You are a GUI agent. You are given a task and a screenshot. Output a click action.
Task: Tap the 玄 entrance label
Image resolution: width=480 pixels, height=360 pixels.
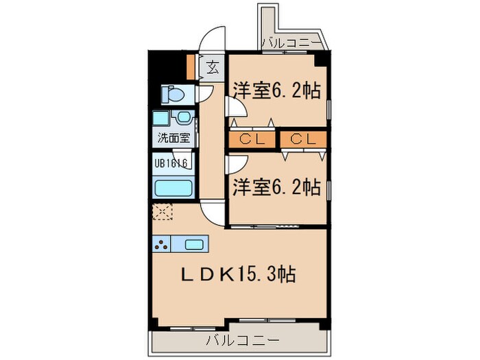tap(213, 67)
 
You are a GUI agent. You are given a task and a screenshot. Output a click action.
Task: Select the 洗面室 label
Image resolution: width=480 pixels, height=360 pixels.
tap(174, 136)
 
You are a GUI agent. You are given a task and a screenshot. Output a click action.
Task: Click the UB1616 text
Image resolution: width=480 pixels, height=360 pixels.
tap(171, 164)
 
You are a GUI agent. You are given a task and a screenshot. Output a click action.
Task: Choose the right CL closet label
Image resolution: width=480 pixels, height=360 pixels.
tap(302, 139)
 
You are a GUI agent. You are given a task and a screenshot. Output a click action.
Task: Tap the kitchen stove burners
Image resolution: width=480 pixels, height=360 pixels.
tap(163, 244)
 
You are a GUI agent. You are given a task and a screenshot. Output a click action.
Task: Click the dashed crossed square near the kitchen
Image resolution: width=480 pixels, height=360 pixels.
tap(163, 213)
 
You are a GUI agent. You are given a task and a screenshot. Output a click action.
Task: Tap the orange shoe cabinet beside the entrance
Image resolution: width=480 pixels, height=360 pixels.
tap(191, 66)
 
